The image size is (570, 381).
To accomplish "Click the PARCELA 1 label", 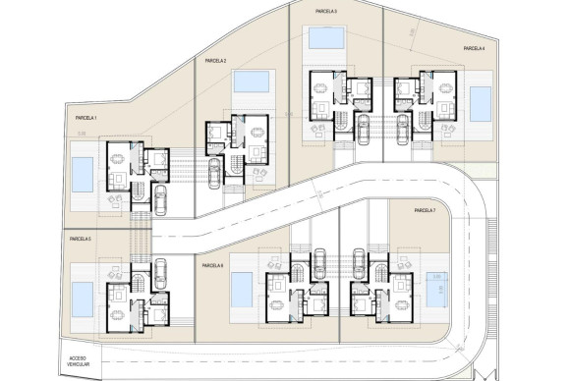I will click(x=91, y=116).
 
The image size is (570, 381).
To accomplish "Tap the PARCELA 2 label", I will click(x=216, y=61).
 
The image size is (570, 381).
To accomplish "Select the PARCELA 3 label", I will click(x=326, y=11).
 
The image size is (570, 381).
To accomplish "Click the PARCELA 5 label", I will click(x=81, y=239).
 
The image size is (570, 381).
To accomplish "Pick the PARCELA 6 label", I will click(x=212, y=265).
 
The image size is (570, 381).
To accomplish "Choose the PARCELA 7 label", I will click(x=425, y=210).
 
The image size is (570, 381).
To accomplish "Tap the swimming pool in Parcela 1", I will click(x=84, y=175).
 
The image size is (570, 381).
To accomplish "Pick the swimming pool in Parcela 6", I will click(x=240, y=288).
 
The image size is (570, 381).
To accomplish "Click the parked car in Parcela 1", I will click(x=160, y=199).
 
